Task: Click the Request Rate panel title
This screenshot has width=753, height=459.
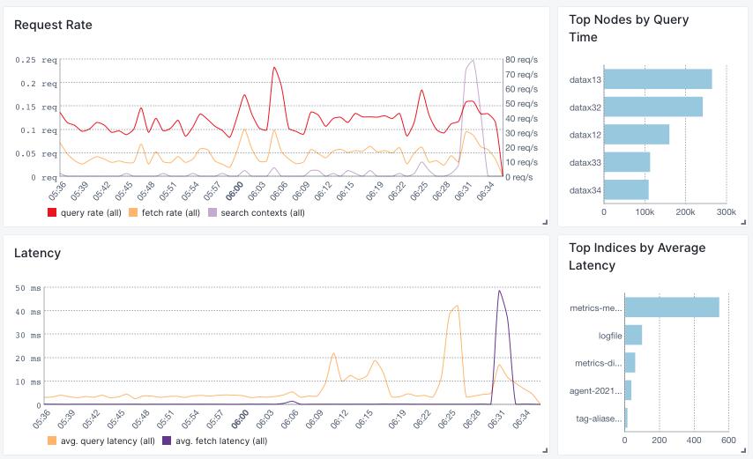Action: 53,25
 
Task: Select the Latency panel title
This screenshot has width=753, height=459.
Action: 38,253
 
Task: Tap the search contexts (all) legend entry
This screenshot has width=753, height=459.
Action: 256,212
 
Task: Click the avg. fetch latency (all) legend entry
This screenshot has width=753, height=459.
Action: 220,440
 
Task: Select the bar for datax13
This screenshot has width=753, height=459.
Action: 658,79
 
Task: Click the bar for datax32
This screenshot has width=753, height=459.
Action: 652,107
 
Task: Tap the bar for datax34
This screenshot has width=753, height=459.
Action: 626,189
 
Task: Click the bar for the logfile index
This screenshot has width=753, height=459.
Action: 633,335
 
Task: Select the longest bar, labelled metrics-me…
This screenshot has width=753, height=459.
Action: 672,307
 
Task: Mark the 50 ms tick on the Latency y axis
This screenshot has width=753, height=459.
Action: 27,288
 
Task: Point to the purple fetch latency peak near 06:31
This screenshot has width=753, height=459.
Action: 499,291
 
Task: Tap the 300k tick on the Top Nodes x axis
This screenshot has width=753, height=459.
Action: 726,212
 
